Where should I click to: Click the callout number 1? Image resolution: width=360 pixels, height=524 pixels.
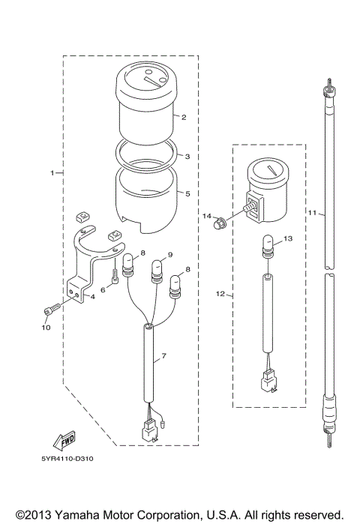tap(52, 173)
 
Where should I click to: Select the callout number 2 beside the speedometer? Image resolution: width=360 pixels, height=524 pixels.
tap(184, 118)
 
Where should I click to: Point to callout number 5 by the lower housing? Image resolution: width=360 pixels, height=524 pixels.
tap(187, 193)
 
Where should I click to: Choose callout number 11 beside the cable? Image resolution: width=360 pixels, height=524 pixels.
tap(311, 213)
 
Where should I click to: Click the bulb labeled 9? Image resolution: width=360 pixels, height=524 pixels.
tap(158, 268)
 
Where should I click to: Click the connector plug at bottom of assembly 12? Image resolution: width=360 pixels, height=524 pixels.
tap(265, 382)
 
